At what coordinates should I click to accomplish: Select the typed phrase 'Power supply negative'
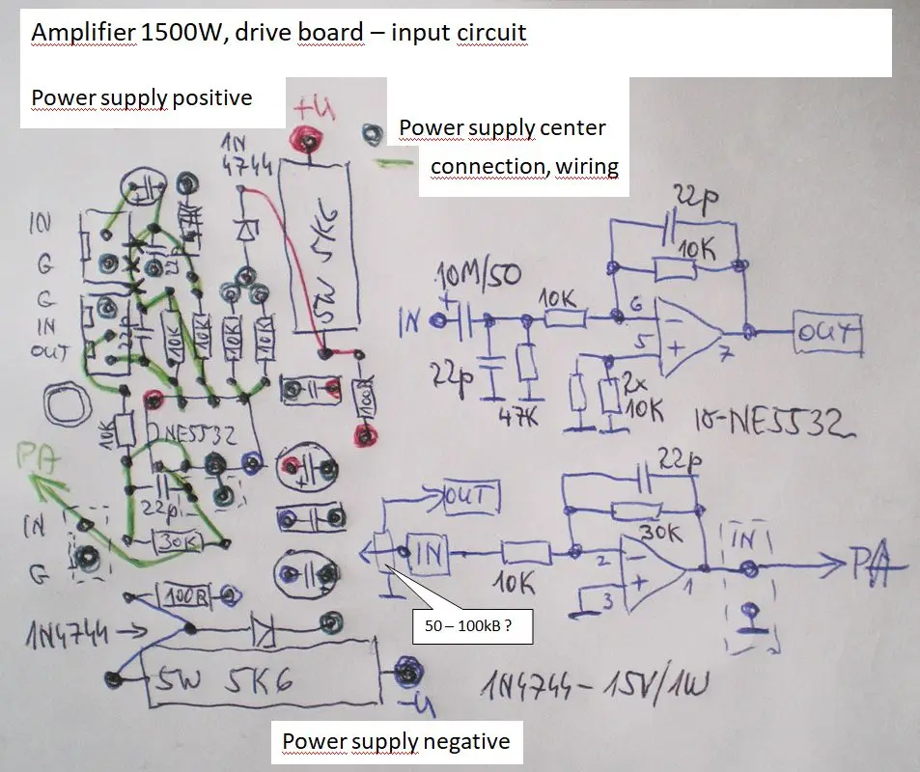point(396,741)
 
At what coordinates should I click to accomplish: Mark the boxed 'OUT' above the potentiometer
point(469,498)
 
